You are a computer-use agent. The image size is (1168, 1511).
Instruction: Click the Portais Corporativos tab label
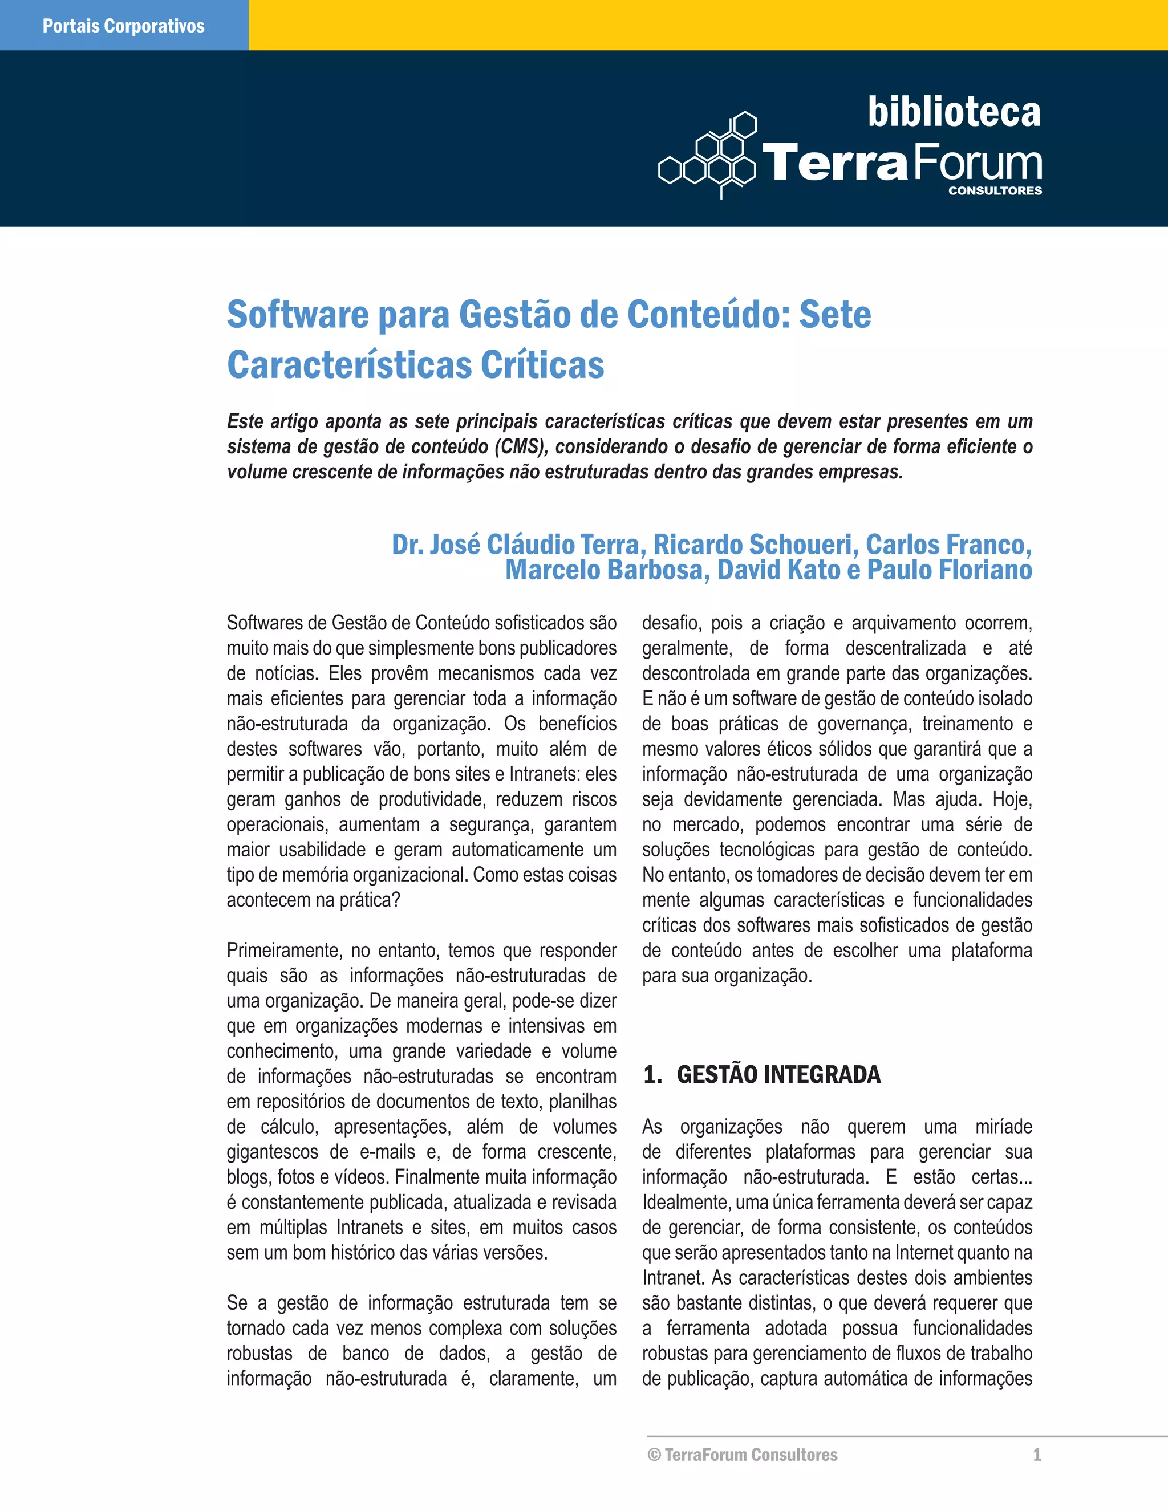123,26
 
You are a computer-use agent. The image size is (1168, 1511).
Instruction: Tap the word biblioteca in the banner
954,112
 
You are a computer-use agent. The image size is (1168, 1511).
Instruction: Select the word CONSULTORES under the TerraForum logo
994,191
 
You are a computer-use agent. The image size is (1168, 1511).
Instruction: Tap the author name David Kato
778,570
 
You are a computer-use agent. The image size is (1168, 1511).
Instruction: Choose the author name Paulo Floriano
950,570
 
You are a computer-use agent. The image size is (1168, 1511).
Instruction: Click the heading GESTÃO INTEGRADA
778,1074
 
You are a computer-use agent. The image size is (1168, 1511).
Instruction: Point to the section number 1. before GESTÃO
652,1074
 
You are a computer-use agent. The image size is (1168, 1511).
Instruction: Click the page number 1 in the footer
1036,1455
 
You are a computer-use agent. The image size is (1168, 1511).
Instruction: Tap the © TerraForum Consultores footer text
743,1455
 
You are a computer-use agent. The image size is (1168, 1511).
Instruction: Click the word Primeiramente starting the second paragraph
283,951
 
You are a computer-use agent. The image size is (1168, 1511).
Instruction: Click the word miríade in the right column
1003,1127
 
